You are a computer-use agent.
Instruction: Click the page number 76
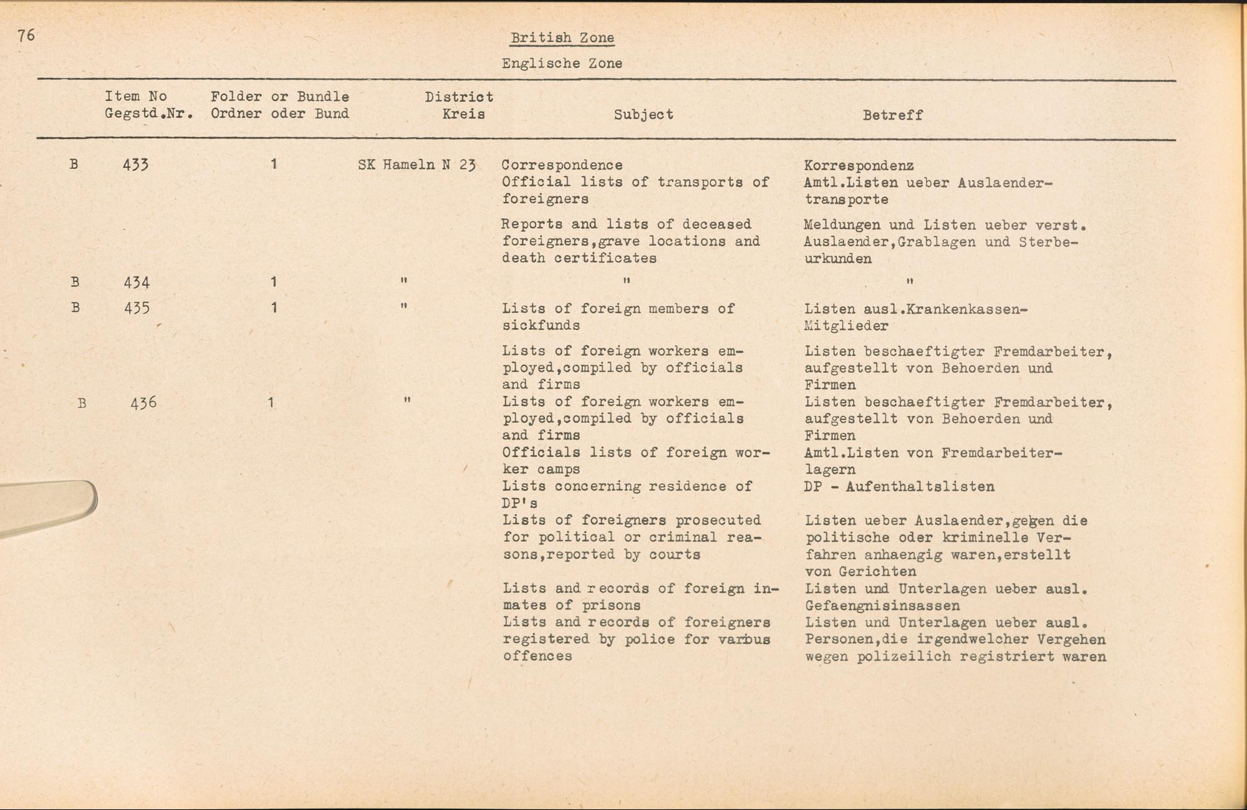click(26, 35)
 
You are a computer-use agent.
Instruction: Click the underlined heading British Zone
click(562, 37)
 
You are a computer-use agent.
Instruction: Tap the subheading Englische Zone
click(562, 63)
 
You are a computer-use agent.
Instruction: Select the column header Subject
click(643, 115)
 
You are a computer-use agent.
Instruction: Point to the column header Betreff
click(892, 115)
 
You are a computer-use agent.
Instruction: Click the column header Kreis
click(463, 114)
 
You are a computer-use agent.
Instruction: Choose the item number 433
click(136, 165)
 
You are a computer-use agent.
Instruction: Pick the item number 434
click(137, 283)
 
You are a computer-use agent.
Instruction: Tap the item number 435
click(137, 308)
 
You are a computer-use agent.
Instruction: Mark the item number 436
click(143, 403)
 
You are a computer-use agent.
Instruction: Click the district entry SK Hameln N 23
click(416, 165)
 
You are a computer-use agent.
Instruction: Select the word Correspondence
click(562, 165)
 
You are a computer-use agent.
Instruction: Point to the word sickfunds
click(541, 325)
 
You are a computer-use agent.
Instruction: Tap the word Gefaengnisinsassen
click(882, 605)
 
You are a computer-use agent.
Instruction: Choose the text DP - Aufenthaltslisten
click(899, 486)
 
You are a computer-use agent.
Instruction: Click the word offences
click(537, 656)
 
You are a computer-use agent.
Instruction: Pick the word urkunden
click(837, 259)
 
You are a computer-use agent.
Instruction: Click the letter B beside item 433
click(74, 165)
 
